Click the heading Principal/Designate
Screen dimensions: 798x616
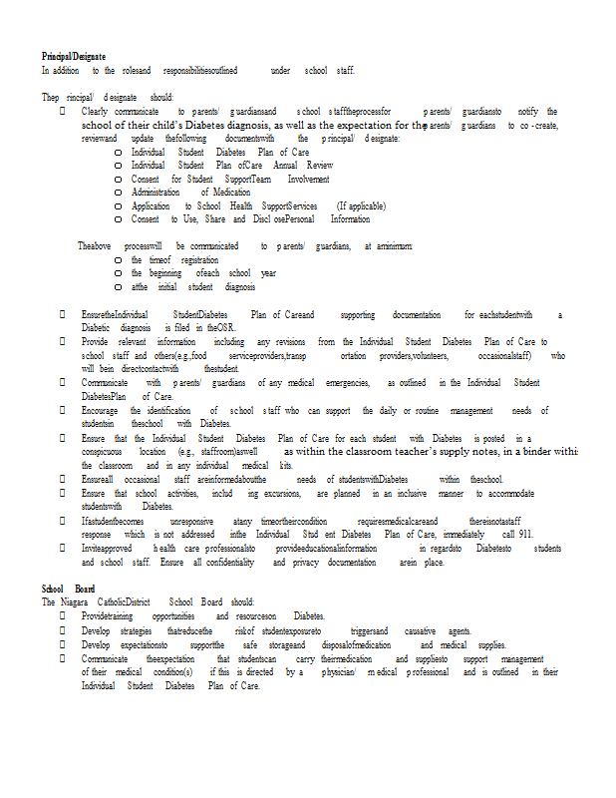(x=73, y=56)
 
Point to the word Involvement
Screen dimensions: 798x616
(x=308, y=179)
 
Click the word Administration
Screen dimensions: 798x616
(x=155, y=192)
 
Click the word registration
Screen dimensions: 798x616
(x=199, y=259)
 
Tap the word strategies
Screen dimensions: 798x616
(x=131, y=630)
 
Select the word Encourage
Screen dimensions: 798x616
(x=100, y=410)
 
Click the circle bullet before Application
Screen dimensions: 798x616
(x=119, y=206)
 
